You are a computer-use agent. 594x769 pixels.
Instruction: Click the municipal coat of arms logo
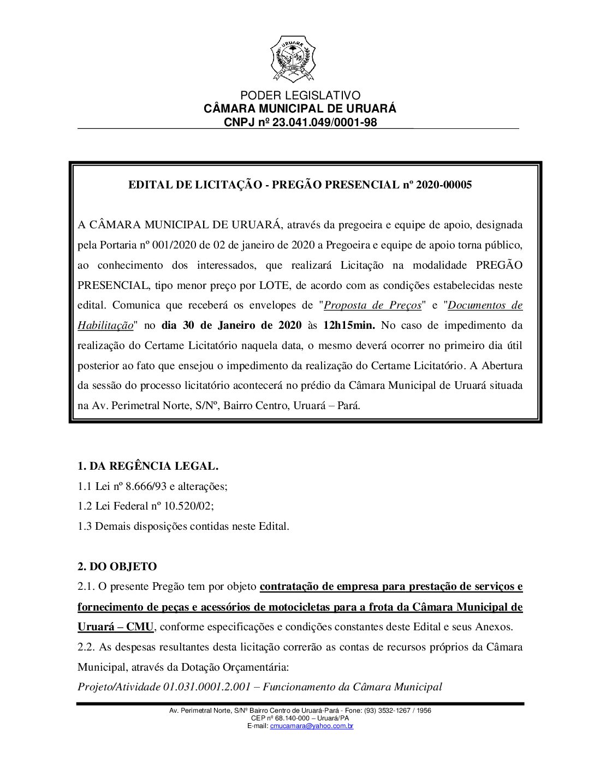tap(293, 58)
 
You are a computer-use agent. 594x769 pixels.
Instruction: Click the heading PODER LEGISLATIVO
tap(300, 96)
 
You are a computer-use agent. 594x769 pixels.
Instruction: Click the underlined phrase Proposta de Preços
tap(373, 305)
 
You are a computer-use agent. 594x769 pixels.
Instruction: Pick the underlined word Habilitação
tap(105, 326)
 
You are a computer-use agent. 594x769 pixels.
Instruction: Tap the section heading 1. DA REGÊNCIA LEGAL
tap(148, 466)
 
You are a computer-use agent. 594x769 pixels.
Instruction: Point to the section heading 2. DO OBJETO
tap(117, 567)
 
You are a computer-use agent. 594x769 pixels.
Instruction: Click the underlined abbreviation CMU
tap(140, 627)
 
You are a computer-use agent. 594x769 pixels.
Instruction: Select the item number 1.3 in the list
tap(85, 527)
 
